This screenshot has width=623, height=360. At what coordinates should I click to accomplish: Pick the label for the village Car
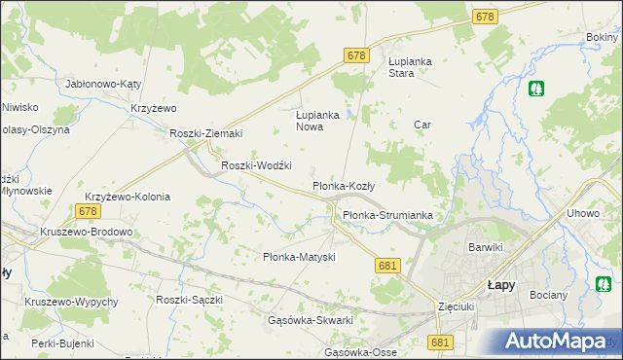coord(422,125)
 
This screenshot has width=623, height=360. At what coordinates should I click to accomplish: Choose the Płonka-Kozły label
coord(349,185)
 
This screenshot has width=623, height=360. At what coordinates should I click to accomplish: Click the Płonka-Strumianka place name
coord(386,215)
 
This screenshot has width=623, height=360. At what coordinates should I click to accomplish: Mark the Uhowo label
coord(581,213)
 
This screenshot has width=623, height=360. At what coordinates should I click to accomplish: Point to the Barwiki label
coord(485,247)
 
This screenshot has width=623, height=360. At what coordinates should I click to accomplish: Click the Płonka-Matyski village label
coord(300,257)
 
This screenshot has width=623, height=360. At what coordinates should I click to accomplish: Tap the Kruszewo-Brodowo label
coord(86,232)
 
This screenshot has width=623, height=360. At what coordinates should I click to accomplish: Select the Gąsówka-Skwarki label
coord(310,320)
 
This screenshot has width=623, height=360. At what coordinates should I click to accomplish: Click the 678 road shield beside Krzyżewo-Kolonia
coord(89,210)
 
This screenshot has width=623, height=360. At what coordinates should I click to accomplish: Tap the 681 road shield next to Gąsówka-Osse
coord(440,342)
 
